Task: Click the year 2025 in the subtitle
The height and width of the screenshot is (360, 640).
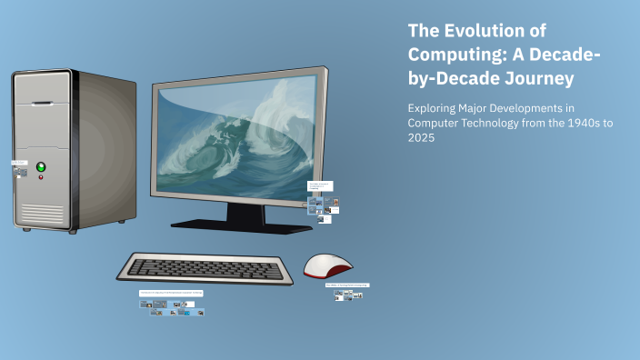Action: click(424, 137)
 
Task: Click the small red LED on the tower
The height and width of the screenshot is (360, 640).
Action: click(40, 177)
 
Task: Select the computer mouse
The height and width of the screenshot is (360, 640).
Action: click(328, 265)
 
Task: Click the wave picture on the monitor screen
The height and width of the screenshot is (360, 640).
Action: click(235, 135)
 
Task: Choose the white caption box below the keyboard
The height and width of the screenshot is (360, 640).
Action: click(171, 294)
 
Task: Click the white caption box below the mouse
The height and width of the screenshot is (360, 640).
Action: click(347, 285)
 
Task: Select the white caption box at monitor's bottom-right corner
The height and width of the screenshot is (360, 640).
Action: click(320, 186)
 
